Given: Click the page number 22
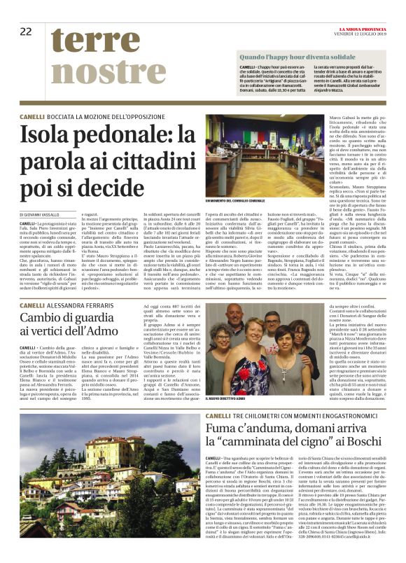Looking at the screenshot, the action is (26, 31).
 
